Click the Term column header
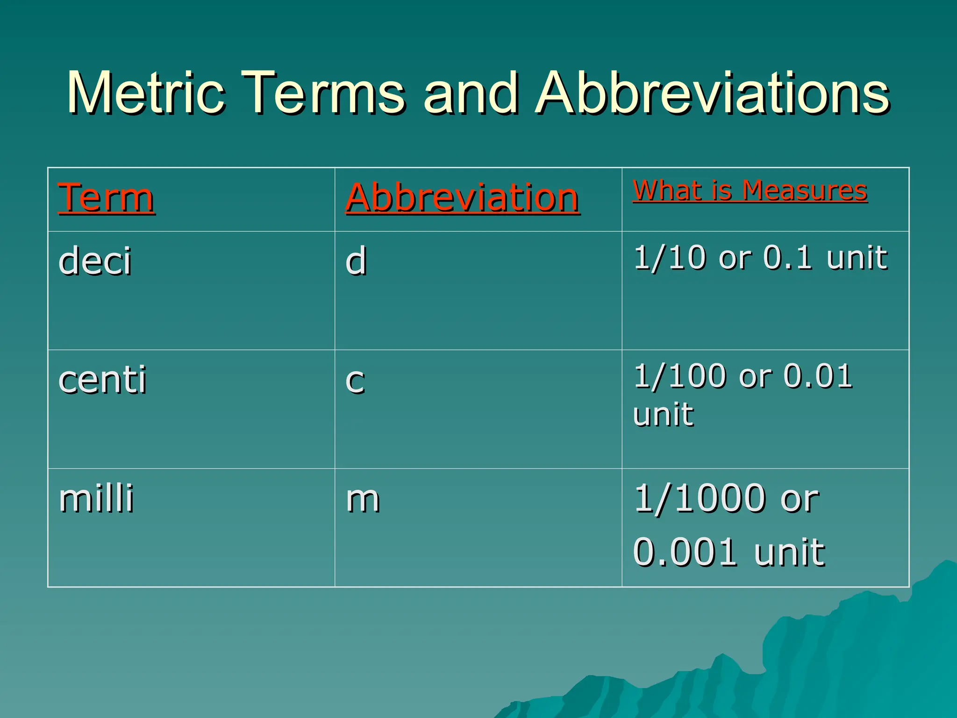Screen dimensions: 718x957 [x=106, y=198]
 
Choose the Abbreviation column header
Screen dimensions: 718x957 [x=463, y=198]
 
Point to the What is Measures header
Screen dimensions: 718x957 [x=750, y=191]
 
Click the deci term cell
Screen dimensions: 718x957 [x=95, y=261]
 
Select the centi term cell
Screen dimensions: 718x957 [x=102, y=380]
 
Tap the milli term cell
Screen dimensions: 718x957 [x=96, y=498]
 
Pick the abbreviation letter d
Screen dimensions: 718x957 [x=356, y=261]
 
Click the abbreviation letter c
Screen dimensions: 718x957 [x=355, y=381]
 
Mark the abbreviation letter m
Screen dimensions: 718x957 [x=363, y=499]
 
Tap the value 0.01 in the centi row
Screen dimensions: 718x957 [x=818, y=377]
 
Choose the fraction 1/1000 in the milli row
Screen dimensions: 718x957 [x=699, y=498]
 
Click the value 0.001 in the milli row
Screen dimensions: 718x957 [x=685, y=552]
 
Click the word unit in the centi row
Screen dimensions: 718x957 [x=664, y=414]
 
